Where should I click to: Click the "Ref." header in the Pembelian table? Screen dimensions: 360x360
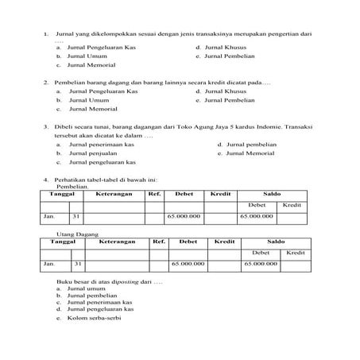click(x=154, y=194)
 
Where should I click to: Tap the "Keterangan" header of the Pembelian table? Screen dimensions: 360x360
click(x=114, y=194)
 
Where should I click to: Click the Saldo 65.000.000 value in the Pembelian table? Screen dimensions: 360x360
click(x=256, y=216)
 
